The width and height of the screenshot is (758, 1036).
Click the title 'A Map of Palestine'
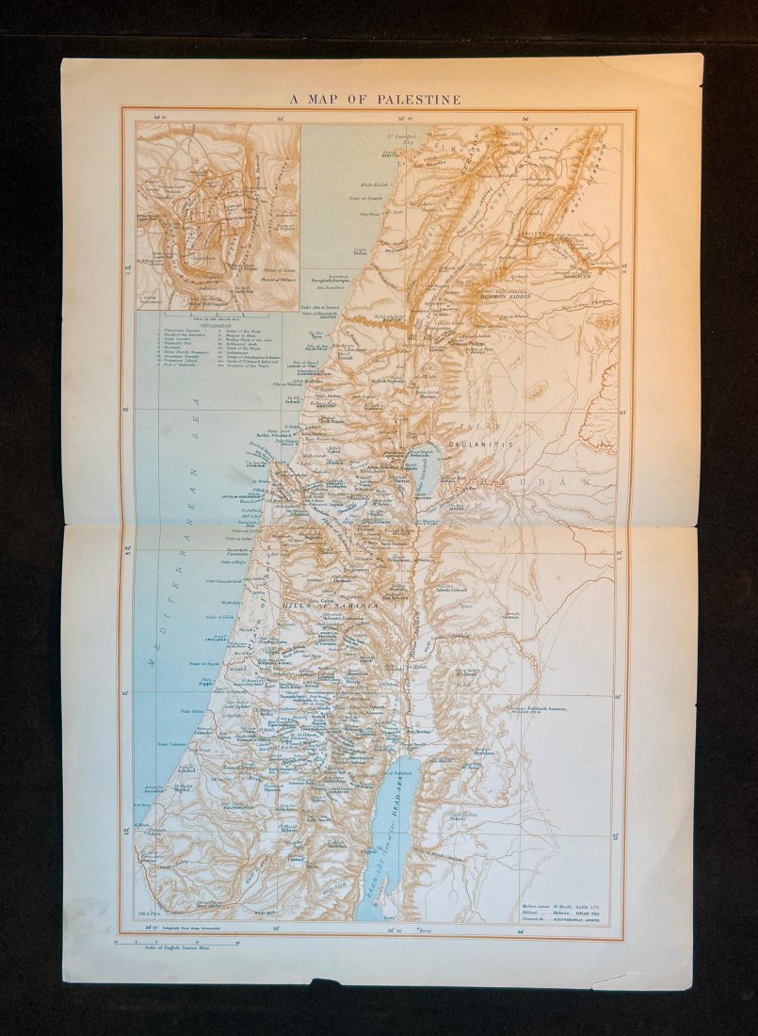click(375, 99)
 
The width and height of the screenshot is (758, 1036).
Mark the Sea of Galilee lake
click(421, 471)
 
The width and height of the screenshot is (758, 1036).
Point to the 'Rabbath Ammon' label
click(551, 707)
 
